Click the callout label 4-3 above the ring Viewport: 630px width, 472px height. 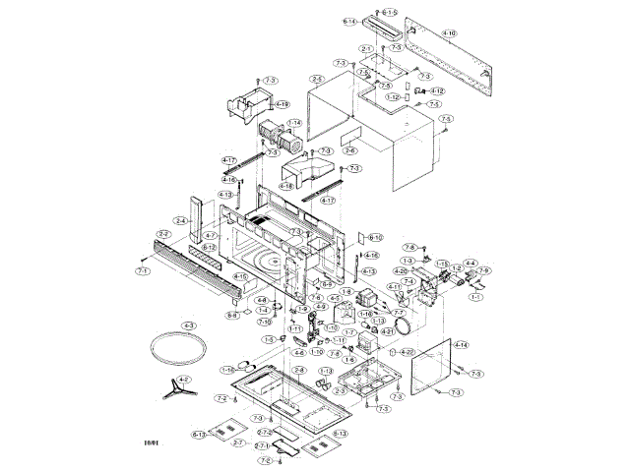(x=189, y=325)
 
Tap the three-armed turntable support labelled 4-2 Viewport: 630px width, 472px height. (x=177, y=386)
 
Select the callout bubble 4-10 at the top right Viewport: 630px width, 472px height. (x=449, y=33)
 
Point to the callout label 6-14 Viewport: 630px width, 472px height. (x=350, y=21)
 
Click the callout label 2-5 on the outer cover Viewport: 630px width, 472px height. (x=317, y=79)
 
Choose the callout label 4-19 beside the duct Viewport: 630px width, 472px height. (x=283, y=104)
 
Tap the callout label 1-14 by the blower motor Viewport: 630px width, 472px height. (x=293, y=123)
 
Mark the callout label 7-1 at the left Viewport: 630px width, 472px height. (x=143, y=270)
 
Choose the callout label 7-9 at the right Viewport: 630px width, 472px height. (x=483, y=270)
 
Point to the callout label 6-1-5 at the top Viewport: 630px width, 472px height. (x=390, y=12)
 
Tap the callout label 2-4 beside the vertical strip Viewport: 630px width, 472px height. (x=181, y=220)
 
